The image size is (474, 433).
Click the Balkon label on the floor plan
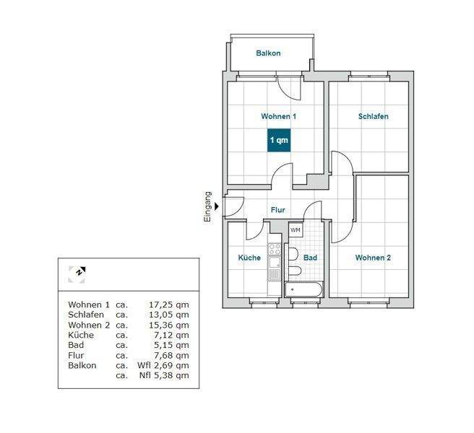(268, 53)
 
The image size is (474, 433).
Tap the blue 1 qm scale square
(279, 140)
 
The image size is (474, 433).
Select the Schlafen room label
(374, 116)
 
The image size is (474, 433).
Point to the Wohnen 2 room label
(373, 258)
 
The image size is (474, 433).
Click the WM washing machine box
(296, 230)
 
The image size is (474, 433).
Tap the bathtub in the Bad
(303, 289)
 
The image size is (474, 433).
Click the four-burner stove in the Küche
(275, 250)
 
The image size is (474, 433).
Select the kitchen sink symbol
(275, 262)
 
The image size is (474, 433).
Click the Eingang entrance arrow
(217, 206)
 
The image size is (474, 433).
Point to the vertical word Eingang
(207, 207)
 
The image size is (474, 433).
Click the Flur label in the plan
(277, 210)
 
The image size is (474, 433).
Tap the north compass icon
(77, 275)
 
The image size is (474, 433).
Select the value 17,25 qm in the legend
(168, 305)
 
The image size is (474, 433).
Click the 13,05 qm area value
(168, 315)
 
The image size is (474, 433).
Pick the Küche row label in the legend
(81, 335)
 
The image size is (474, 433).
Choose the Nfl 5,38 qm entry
(164, 375)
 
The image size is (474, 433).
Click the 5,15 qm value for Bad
(171, 345)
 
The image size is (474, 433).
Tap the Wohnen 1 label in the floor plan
(279, 116)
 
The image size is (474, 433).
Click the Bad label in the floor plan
(310, 258)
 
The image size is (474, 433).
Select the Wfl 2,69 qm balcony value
(163, 365)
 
